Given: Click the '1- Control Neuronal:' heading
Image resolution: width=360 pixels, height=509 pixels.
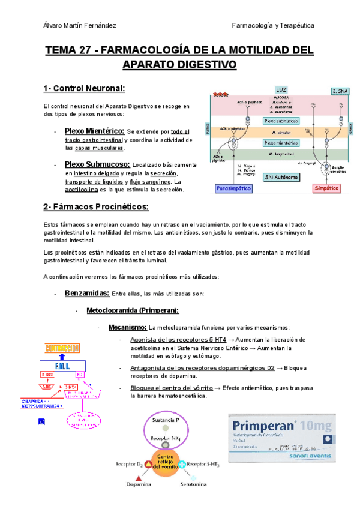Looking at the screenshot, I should pos(84,89).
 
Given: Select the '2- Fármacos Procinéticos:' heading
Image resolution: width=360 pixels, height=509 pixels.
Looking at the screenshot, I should pos(95,207).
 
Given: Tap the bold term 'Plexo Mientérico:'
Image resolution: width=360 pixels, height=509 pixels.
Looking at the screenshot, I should pos(94,131).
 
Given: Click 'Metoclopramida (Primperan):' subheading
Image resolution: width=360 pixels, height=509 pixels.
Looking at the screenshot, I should pos(133,310).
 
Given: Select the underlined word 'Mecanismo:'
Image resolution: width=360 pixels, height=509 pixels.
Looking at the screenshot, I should pos(127,327).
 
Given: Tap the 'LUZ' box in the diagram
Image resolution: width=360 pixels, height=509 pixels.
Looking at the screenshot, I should pos(281,90).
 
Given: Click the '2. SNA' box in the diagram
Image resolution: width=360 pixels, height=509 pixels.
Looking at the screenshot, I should pos(339,91).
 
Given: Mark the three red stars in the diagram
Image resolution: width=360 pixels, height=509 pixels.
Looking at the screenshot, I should pos(221,94).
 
